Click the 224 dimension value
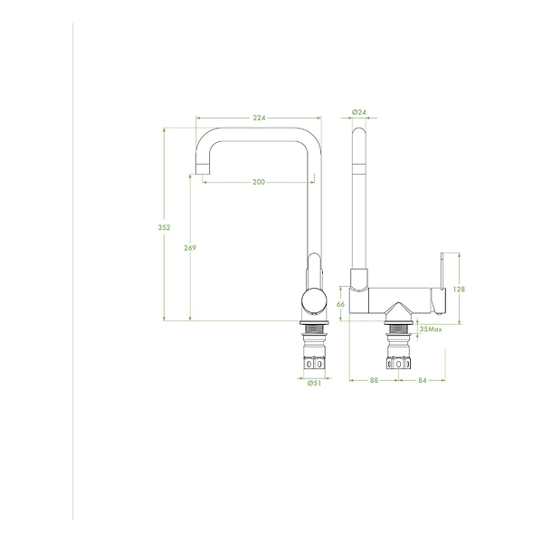click(259, 118)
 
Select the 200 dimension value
click(259, 182)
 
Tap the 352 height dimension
click(164, 227)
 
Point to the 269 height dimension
click(190, 248)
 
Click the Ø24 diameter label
click(359, 112)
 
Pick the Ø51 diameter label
click(314, 383)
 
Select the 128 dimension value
click(459, 289)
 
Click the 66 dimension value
click(340, 304)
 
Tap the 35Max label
click(431, 329)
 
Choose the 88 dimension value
click(374, 380)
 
